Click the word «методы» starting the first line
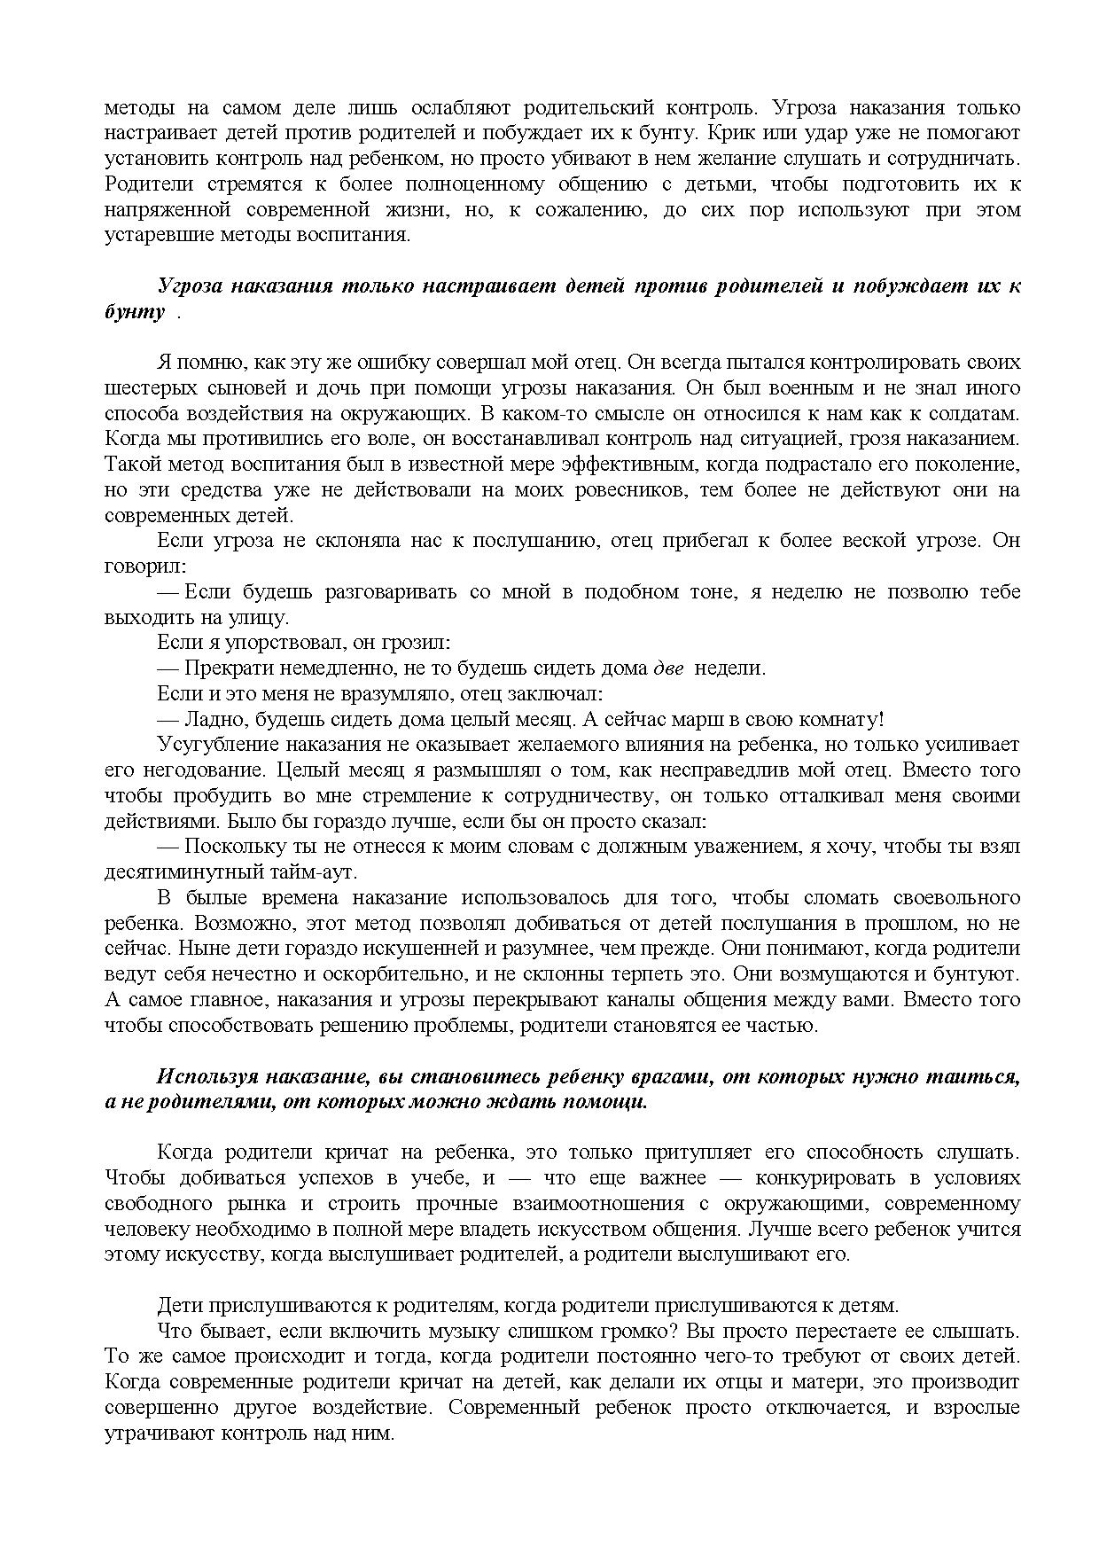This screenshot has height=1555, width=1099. click(x=137, y=108)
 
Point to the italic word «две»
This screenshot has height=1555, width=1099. click(x=668, y=668)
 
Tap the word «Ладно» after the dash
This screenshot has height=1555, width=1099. click(x=211, y=719)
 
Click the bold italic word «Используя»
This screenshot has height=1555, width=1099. click(x=208, y=1076)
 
